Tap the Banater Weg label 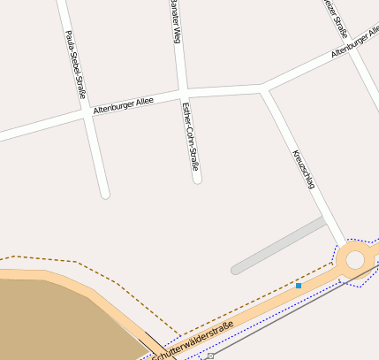pyautogui.click(x=176, y=21)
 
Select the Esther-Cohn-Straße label pyautogui.click(x=190, y=136)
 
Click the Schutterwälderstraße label pyautogui.click(x=193, y=341)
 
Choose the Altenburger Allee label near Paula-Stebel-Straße pyautogui.click(x=123, y=104)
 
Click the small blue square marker pyautogui.click(x=299, y=286)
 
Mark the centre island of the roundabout pyautogui.click(x=355, y=260)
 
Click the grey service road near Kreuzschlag pyautogui.click(x=278, y=246)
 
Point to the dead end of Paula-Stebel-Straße pyautogui.click(x=105, y=193)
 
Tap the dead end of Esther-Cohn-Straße pyautogui.click(x=197, y=180)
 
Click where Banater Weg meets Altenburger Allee pyautogui.click(x=181, y=92)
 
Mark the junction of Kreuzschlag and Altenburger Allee pyautogui.click(x=263, y=88)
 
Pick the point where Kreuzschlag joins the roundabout pyautogui.click(x=343, y=246)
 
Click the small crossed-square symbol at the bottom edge pyautogui.click(x=210, y=356)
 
